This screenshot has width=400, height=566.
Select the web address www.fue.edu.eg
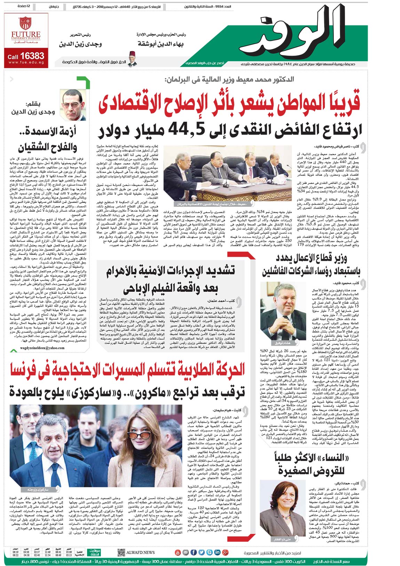(26, 63)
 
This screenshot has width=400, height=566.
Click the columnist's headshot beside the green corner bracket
(74, 105)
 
